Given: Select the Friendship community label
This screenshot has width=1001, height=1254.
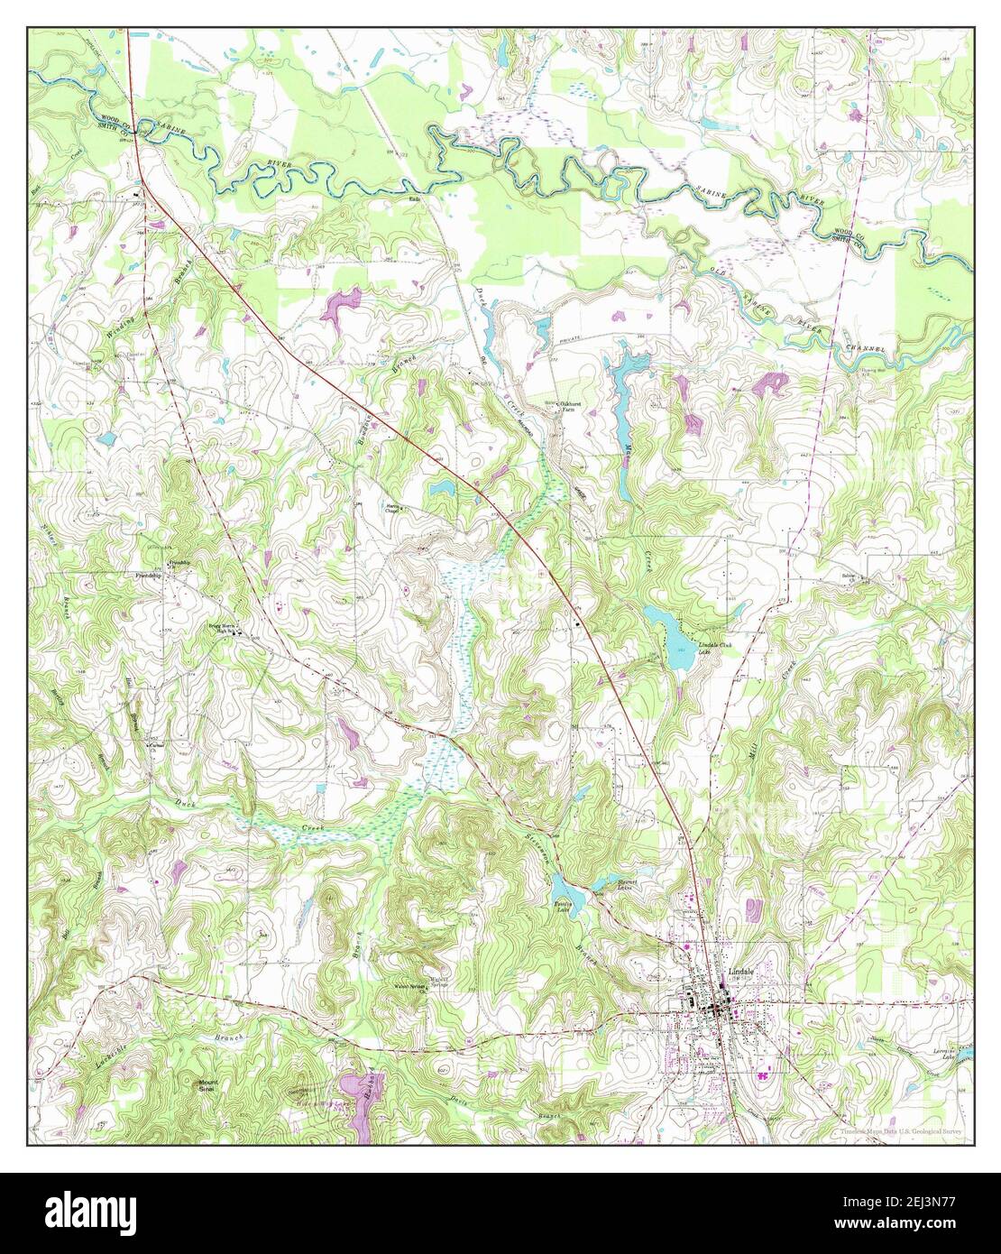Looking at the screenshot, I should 149,575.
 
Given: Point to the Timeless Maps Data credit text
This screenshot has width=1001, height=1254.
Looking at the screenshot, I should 902,1130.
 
